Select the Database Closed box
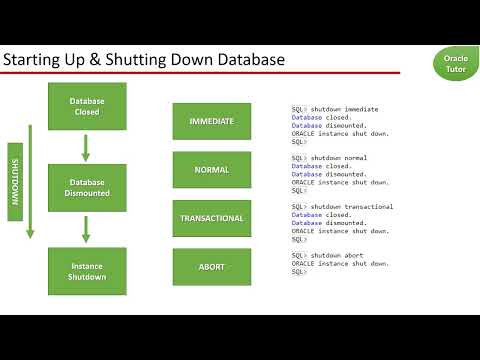87,106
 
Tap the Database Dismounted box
87,189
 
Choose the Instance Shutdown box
87,271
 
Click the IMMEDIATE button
212,121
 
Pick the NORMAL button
212,170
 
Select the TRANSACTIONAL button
212,218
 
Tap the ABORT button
212,267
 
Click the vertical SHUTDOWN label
15,181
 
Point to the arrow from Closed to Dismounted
86,147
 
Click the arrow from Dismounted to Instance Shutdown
86,229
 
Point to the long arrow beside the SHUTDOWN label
30,181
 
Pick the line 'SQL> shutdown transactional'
341,206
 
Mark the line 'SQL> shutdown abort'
326,255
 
